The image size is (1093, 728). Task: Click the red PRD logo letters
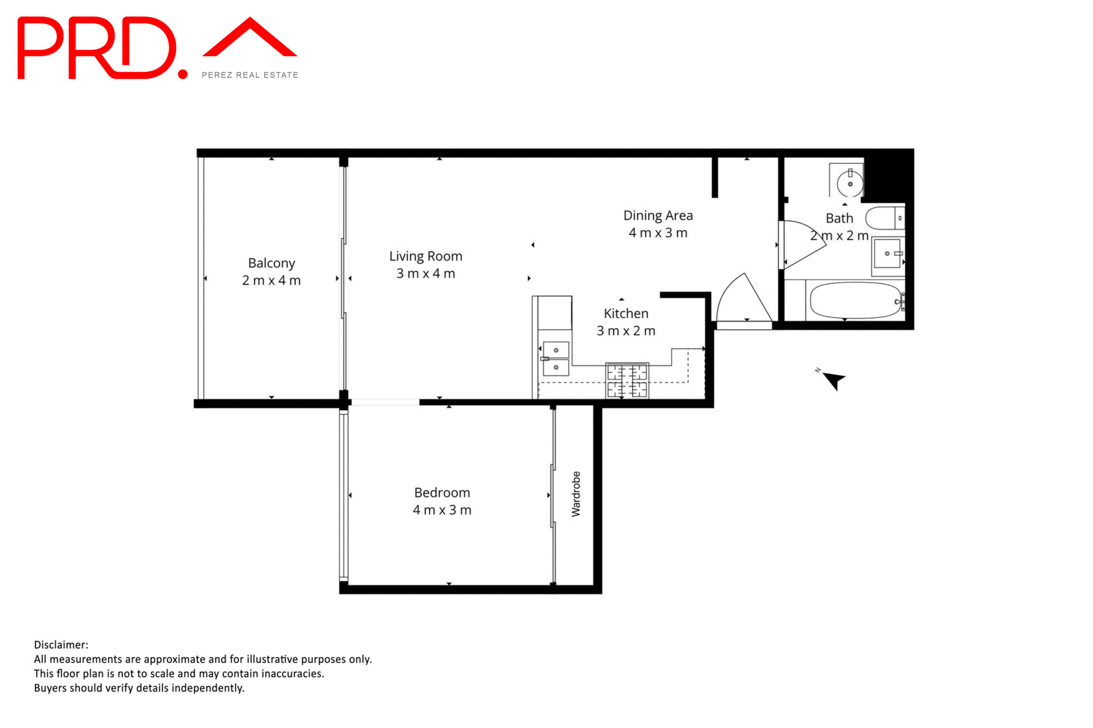click(97, 48)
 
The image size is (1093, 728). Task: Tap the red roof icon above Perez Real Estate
click(250, 39)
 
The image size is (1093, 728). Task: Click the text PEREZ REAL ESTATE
click(250, 75)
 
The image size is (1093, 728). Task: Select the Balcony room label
click(272, 263)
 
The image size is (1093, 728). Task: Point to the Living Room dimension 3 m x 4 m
click(426, 274)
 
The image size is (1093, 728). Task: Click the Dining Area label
click(658, 216)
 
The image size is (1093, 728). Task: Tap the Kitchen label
click(626, 314)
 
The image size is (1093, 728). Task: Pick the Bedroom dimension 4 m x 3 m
click(442, 510)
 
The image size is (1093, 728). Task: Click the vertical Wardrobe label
click(576, 494)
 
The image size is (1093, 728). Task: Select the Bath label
click(839, 218)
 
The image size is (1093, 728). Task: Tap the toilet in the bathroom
click(884, 218)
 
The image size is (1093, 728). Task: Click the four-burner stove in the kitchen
click(627, 381)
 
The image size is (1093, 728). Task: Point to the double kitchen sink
click(556, 359)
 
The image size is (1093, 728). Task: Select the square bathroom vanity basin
click(887, 254)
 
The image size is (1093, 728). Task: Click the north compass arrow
click(834, 380)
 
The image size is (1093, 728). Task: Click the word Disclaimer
click(61, 645)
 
